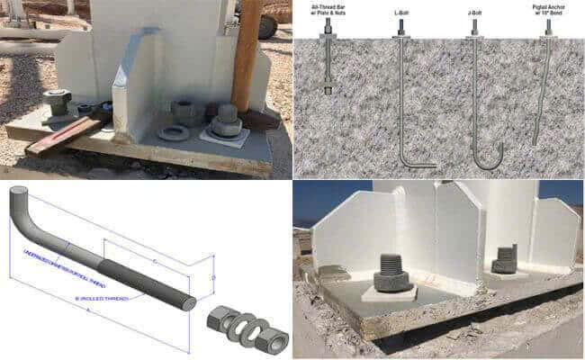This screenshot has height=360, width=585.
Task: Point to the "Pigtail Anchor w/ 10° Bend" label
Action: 549,13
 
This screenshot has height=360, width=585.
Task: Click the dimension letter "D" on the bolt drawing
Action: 213,280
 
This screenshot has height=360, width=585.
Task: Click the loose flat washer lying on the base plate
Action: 173,133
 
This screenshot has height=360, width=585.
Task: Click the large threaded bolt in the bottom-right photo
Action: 388,267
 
